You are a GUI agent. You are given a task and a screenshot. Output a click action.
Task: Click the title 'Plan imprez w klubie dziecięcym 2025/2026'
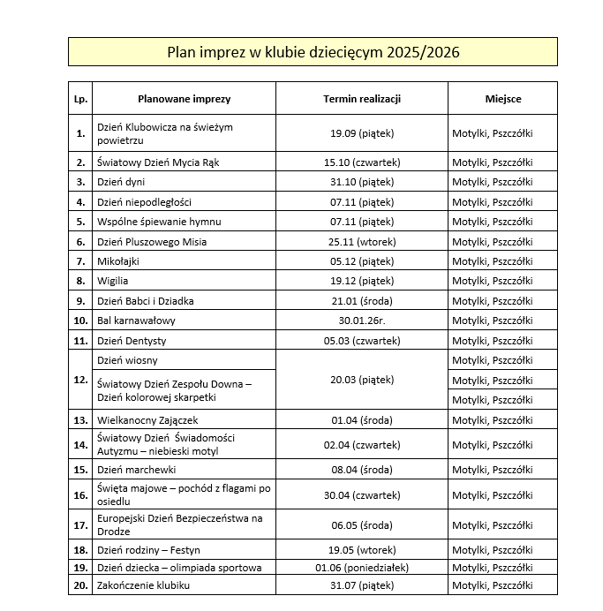click(313, 52)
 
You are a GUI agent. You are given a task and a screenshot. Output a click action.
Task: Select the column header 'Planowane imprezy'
click(184, 99)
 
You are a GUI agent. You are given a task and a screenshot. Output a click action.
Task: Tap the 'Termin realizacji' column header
click(362, 99)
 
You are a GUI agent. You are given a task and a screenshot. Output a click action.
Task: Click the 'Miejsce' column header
click(503, 99)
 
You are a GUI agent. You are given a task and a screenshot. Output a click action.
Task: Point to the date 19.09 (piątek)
click(362, 133)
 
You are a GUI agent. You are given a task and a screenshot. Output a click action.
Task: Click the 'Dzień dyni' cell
click(121, 182)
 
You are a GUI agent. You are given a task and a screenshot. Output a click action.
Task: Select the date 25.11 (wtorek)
click(362, 242)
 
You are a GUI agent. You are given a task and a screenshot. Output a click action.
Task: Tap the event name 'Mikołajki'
click(118, 261)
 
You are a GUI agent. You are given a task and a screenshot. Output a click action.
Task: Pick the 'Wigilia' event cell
click(113, 281)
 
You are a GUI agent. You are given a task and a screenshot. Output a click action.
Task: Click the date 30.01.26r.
click(362, 321)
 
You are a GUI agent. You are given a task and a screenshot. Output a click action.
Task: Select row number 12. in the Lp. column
click(80, 380)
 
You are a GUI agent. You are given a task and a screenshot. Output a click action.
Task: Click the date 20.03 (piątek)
click(362, 380)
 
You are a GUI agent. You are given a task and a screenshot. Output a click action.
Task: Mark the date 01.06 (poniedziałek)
click(362, 567)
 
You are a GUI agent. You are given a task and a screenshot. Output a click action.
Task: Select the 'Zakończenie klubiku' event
click(144, 585)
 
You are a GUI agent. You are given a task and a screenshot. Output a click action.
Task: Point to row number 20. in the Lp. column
click(80, 585)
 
